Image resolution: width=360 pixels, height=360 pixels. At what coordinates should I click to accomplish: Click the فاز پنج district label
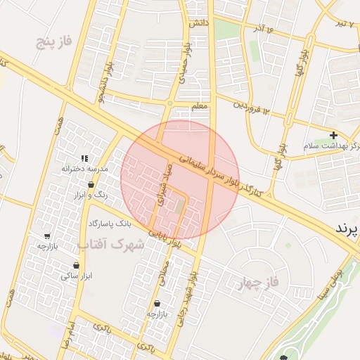point(56,42)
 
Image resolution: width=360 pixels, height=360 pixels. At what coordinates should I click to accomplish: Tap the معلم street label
point(199,106)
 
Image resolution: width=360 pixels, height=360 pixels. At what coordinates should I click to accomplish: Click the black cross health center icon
point(333,134)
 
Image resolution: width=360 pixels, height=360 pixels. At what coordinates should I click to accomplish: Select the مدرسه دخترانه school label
point(84,169)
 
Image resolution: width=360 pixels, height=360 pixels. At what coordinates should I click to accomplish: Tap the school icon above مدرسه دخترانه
point(84,158)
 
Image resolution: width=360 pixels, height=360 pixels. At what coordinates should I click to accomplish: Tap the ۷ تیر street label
point(342,24)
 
